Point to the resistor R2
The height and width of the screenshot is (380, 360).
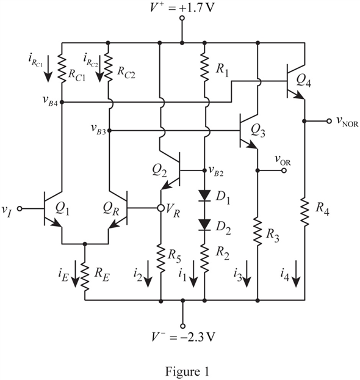[x=204, y=258]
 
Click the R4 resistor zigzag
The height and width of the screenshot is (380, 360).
[x=305, y=212]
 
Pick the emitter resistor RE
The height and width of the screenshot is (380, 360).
[x=85, y=276]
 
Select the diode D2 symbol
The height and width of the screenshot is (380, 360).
[x=204, y=225]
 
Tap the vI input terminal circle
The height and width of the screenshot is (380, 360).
[x=20, y=208]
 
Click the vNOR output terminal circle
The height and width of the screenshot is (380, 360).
[x=329, y=121]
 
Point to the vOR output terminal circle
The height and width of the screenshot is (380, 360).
[x=284, y=170]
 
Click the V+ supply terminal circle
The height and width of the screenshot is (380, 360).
[x=182, y=18]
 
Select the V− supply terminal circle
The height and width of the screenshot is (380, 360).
[x=183, y=326]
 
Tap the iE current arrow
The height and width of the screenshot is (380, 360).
[x=75, y=274]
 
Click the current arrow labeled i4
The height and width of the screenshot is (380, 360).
[x=297, y=274]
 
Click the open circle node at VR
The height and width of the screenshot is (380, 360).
[x=160, y=208]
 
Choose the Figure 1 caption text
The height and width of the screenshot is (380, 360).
[x=187, y=371]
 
